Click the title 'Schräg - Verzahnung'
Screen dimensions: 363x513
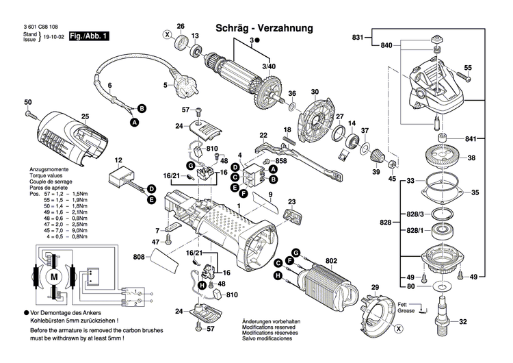[x=264, y=29]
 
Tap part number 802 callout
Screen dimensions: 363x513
[x=332, y=260]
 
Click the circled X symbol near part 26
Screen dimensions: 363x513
[x=166, y=34]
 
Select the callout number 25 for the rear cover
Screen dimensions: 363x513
[x=85, y=116]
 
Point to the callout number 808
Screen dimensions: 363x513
[x=138, y=258]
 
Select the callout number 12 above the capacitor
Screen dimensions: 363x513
[x=118, y=160]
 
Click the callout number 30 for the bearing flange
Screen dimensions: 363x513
[x=315, y=92]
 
